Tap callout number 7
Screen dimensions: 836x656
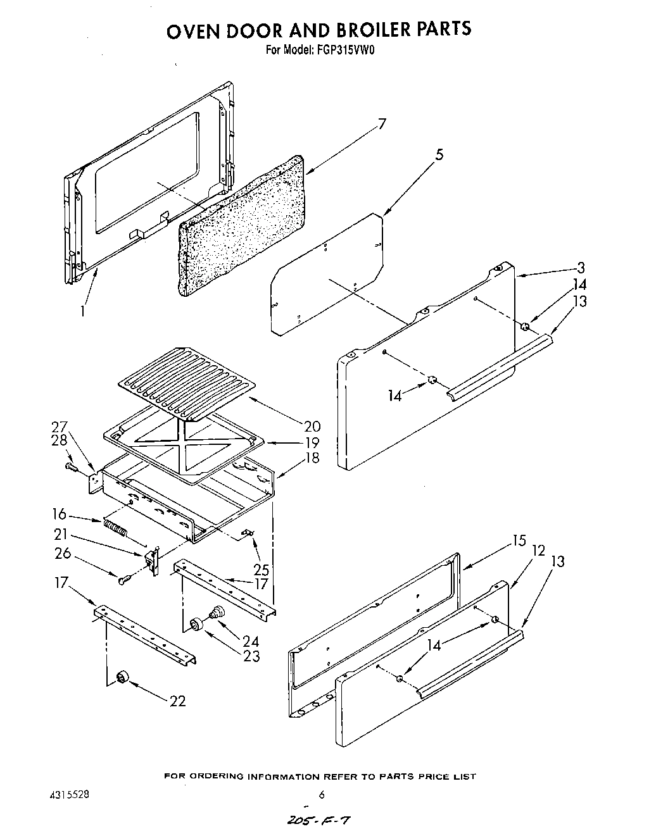pyautogui.click(x=381, y=125)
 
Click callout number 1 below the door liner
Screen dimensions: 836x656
pyautogui.click(x=82, y=311)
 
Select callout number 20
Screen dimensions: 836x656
pyautogui.click(x=312, y=427)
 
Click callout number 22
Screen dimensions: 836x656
pyautogui.click(x=177, y=701)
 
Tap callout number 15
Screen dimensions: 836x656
pyautogui.click(x=519, y=541)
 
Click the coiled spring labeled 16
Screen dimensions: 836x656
pyautogui.click(x=115, y=527)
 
